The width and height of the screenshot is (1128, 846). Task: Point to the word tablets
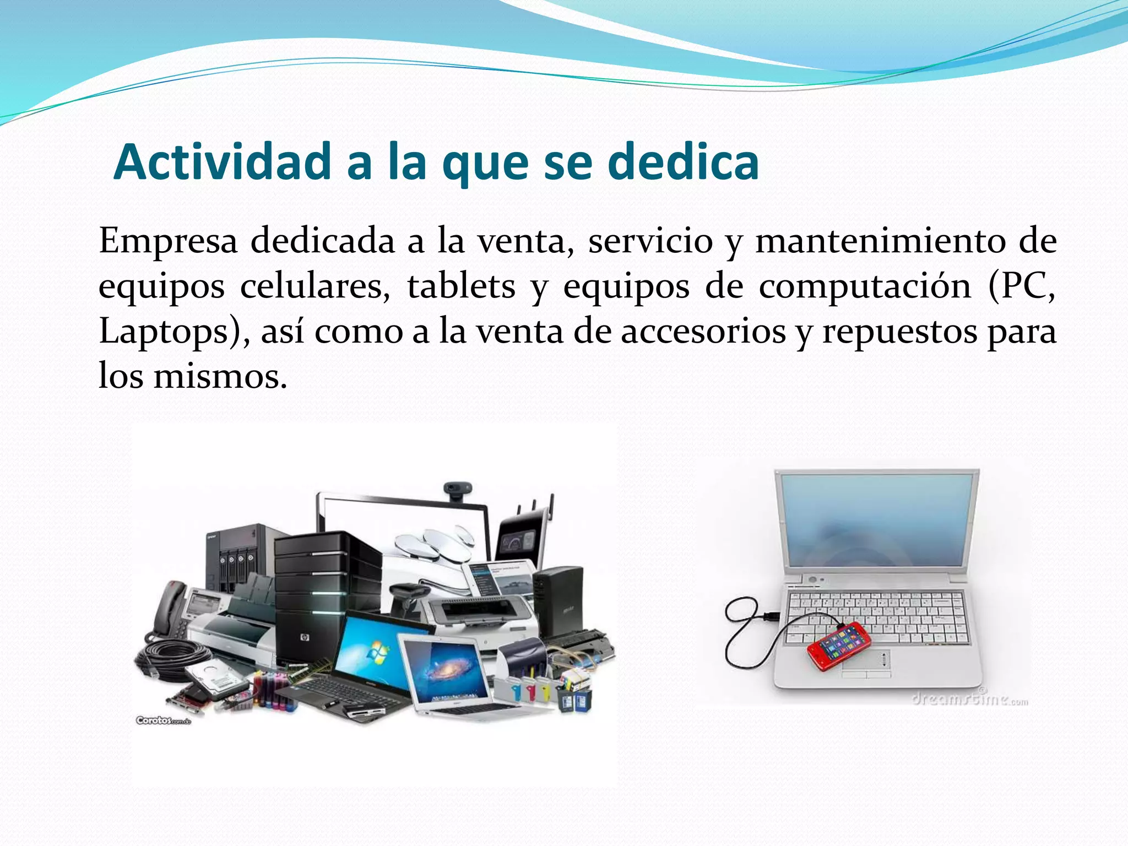tap(461, 287)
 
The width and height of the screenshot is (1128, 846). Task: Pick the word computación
tap(865, 287)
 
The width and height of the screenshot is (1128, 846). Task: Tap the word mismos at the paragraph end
tap(220, 377)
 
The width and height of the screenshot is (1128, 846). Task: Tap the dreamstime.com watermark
tap(969, 700)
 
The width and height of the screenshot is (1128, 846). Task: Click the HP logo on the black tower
tap(303, 638)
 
